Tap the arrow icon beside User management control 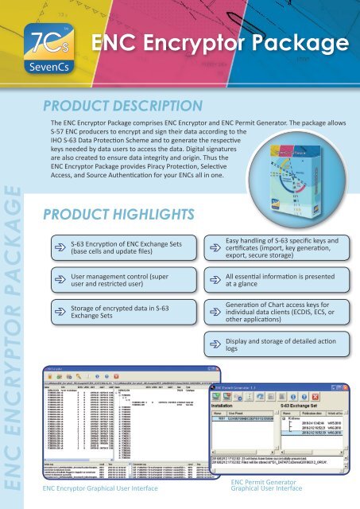(x=60, y=281)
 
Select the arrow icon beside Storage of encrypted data (x=60, y=313)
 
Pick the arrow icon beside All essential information (x=213, y=281)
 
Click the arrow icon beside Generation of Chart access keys (x=213, y=313)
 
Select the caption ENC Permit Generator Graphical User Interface (x=266, y=487)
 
